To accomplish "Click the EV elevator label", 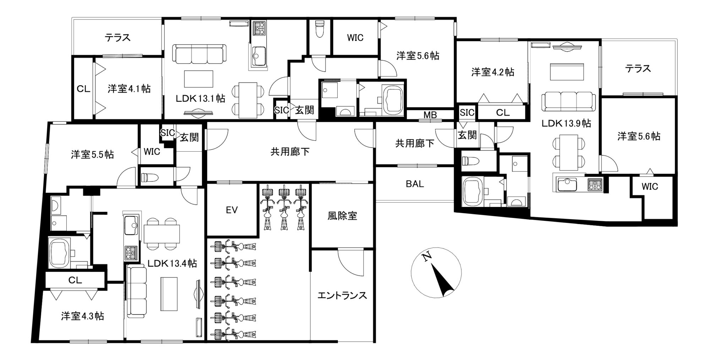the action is (231, 210).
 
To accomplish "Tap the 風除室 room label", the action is (342, 216).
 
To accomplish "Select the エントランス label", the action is (342, 295).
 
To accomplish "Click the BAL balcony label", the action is (415, 184).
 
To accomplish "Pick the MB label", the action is (430, 115).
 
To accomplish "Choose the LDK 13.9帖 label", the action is (566, 123).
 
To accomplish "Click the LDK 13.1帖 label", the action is (200, 98).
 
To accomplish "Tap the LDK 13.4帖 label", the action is (172, 263).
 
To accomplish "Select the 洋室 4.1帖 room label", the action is (129, 88).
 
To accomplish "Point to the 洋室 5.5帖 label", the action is (92, 154).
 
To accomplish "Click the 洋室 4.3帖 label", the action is (82, 316).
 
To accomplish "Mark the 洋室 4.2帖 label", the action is (493, 72).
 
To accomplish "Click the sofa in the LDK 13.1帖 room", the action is (199, 54).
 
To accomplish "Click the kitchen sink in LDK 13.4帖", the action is (131, 225).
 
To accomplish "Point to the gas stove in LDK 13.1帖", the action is (259, 28).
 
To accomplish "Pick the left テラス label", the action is (118, 37).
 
